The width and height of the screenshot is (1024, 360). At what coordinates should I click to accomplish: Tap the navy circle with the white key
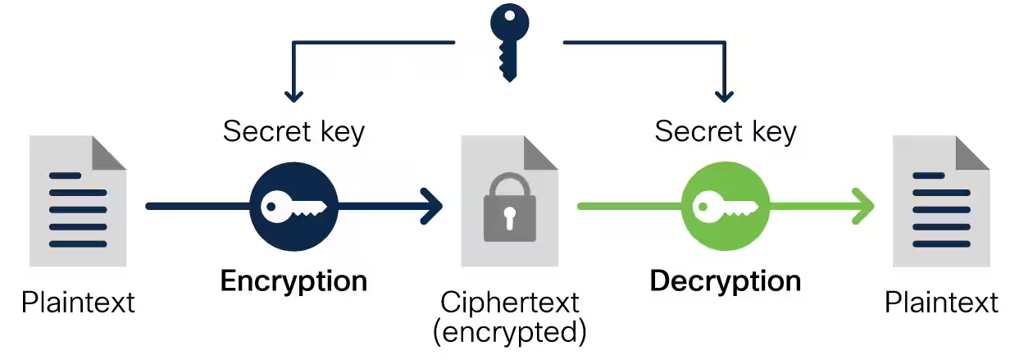(294, 206)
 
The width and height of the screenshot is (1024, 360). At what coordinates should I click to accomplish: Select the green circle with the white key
(726, 206)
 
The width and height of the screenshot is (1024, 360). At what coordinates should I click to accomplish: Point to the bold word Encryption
(294, 281)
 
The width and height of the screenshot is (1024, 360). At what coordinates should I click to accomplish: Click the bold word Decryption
(726, 281)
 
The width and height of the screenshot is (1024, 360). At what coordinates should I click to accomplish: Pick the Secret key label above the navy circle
(294, 131)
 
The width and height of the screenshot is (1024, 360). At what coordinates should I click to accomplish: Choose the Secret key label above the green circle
(726, 131)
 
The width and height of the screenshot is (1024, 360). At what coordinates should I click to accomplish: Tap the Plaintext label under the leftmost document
(78, 303)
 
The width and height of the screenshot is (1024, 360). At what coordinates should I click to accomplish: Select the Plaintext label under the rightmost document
(941, 303)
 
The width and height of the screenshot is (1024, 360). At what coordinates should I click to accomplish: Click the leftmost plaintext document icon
(78, 202)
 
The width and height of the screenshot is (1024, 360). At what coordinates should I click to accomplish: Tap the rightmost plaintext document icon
(941, 202)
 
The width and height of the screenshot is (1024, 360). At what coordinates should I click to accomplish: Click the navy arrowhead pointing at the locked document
(430, 206)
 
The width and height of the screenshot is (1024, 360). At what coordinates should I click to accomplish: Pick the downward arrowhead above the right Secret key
(723, 94)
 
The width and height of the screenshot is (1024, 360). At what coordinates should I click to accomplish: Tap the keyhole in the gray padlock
(509, 217)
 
